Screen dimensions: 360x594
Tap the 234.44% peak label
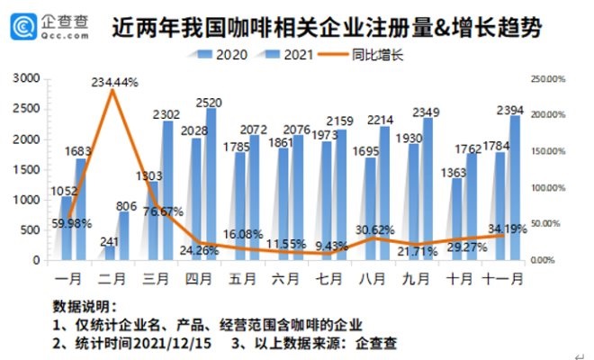click(114, 82)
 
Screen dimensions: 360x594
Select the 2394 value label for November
click(511, 110)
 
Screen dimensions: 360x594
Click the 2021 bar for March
click(168, 191)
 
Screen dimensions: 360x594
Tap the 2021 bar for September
click(427, 189)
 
